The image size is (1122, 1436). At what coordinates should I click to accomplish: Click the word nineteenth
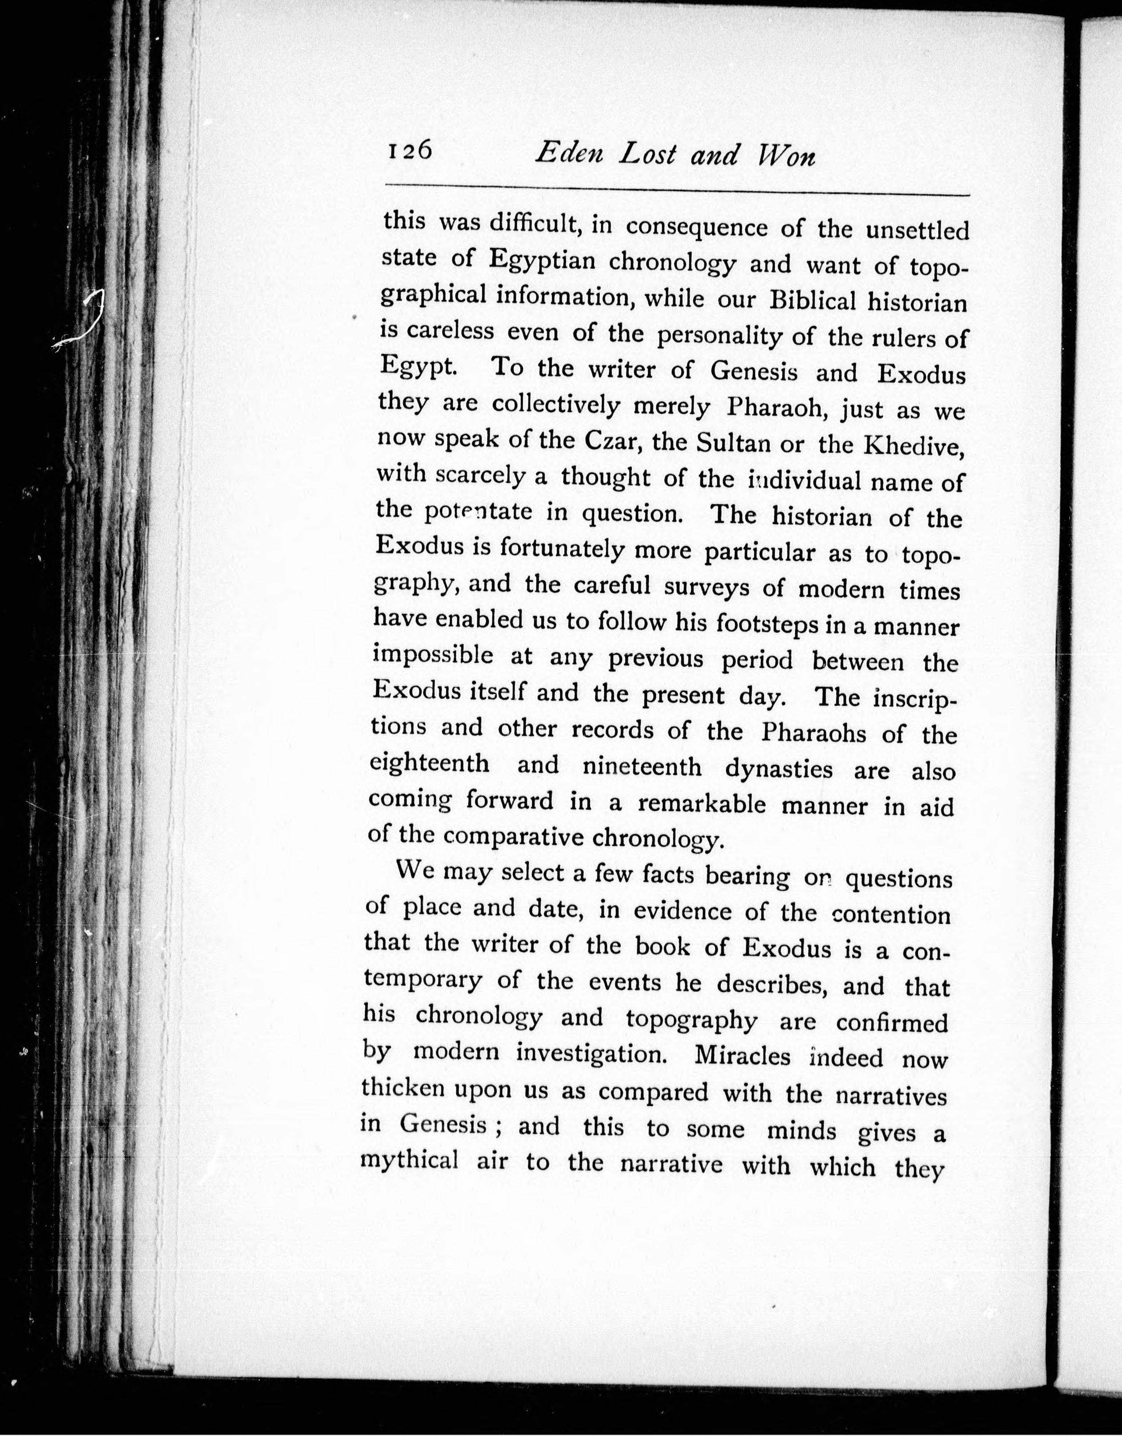click(642, 767)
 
